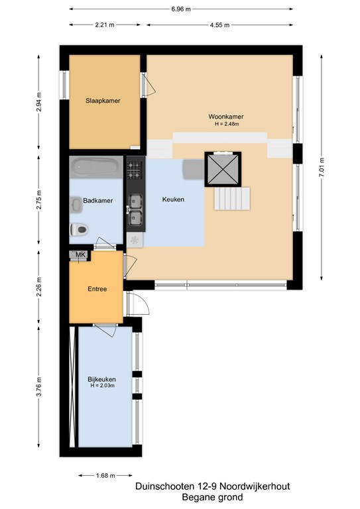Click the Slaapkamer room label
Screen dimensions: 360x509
coord(103,101)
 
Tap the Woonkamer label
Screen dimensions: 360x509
coord(226,117)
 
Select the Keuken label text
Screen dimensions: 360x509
coord(173,199)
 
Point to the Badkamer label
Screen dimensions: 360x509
coord(97,201)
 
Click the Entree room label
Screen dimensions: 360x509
coord(97,289)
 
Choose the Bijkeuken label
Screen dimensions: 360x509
coord(101,379)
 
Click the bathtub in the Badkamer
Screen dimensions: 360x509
coord(96,167)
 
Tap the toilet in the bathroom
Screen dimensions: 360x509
coord(79,230)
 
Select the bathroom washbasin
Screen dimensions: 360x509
coord(76,205)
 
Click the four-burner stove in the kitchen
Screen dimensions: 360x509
coord(135,170)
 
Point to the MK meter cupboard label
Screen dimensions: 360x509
coord(80,254)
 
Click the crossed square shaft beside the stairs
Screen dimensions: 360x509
coord(223,169)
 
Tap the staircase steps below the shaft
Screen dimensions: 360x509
coord(232,198)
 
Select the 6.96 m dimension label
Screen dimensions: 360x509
coord(181,9)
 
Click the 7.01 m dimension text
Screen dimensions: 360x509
coord(322,167)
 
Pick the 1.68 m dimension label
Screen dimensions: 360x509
coord(105,476)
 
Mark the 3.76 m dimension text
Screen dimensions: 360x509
coord(38,387)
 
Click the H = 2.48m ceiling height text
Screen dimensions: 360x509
coord(227,124)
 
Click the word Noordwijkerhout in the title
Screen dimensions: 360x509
coord(255,486)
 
